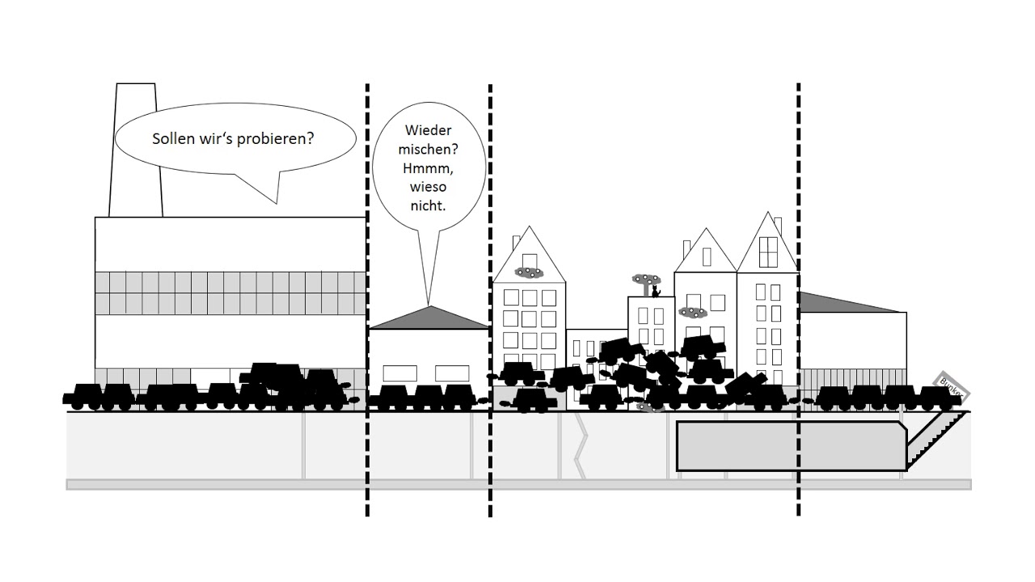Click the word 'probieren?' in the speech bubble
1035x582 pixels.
coord(274,139)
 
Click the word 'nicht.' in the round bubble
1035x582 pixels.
coord(429,205)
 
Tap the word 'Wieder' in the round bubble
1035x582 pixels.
coord(429,130)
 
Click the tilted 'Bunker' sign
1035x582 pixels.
coord(952,386)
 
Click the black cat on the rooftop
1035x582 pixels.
coord(656,290)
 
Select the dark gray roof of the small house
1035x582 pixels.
coord(429,318)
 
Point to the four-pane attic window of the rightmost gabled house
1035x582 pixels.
coord(767,252)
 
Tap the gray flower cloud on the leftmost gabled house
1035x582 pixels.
coord(529,272)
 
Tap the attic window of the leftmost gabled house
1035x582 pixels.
coord(517,243)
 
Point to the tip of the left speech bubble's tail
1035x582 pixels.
coord(276,203)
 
